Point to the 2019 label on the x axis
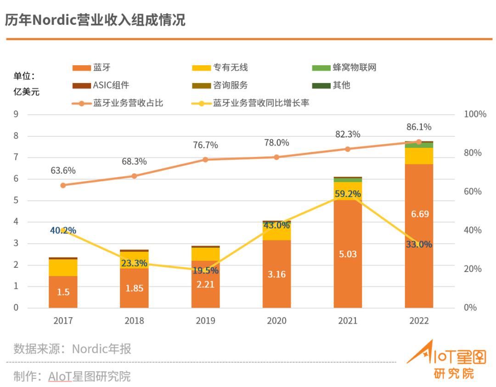[205, 321]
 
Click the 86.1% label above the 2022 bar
[418, 127]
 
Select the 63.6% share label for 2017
[63, 170]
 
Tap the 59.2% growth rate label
[348, 194]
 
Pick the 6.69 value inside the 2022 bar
[419, 214]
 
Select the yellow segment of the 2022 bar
[419, 156]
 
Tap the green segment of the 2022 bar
[419, 145]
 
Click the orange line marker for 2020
[276, 157]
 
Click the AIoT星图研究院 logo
[446, 360]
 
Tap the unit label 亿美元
[26, 91]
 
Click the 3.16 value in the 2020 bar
[276, 275]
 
